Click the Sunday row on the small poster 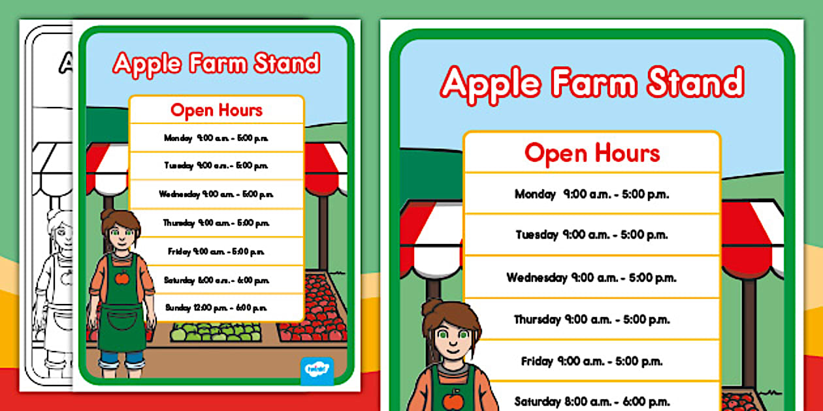[216, 307]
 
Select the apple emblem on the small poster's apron [122, 277]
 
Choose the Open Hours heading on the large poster [592, 153]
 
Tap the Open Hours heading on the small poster [216, 110]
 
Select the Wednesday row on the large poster [591, 277]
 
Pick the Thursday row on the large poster [591, 320]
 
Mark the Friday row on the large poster [591, 361]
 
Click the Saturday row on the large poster [591, 401]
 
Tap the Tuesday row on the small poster [216, 166]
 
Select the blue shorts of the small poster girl [121, 358]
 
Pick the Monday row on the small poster [216, 138]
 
